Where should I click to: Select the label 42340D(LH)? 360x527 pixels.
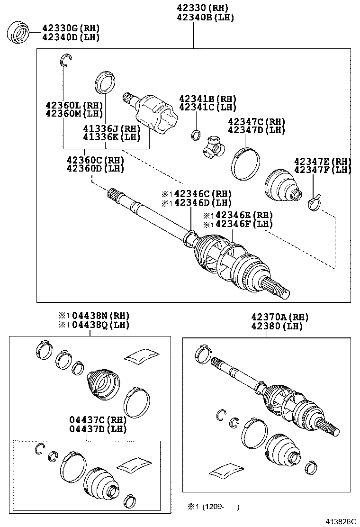point(71,37)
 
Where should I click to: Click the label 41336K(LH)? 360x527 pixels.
point(112,137)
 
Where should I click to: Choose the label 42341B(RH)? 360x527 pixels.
point(207,99)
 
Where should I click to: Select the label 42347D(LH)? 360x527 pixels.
point(256,130)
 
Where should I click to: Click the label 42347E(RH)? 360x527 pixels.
point(322,161)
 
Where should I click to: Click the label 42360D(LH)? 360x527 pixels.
point(95,168)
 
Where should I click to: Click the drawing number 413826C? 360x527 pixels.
point(340,521)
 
